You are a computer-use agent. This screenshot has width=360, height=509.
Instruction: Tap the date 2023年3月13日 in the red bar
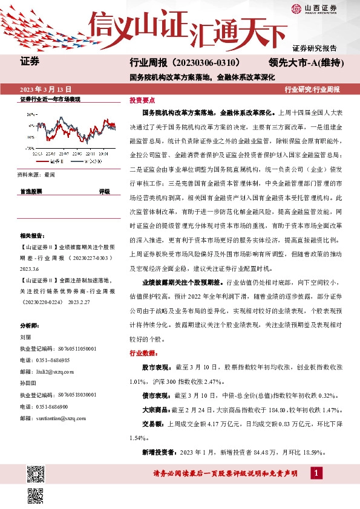[45, 88]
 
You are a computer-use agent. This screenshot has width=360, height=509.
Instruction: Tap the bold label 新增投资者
[158, 452]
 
